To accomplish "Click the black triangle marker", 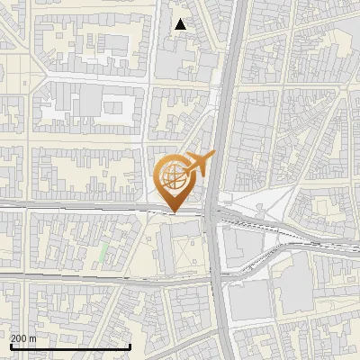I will click(x=181, y=24).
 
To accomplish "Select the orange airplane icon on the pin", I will click(x=201, y=164).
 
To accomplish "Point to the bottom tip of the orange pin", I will click(x=174, y=212).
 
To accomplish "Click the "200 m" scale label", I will click(x=23, y=338).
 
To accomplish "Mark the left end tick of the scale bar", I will click(x=10, y=346).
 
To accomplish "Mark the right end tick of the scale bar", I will click(x=131, y=346).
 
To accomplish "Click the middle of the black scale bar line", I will click(x=70, y=347).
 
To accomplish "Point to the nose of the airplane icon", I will click(x=215, y=157).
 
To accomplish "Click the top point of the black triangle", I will click(x=181, y=19).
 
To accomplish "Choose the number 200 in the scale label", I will click(x=19, y=338).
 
